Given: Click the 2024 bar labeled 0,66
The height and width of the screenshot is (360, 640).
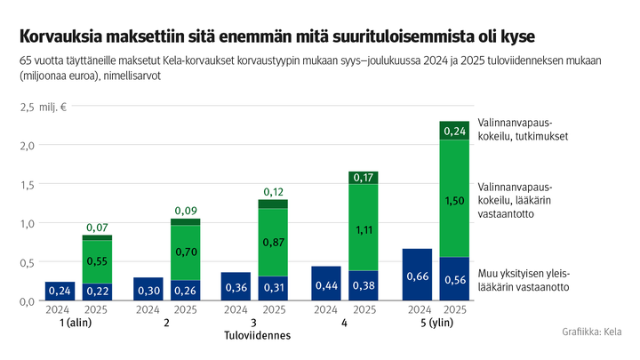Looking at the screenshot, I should [417, 275].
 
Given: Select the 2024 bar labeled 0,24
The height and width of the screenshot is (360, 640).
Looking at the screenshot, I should [60, 291].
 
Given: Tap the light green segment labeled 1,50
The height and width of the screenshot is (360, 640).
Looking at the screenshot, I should [454, 199].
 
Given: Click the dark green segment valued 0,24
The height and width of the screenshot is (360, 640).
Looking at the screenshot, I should [454, 131].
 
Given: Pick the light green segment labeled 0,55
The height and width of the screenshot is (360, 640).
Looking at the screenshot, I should [97, 261].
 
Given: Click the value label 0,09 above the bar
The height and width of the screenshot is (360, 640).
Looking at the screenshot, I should [186, 211].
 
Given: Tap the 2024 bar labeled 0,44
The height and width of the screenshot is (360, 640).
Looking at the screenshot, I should [327, 283].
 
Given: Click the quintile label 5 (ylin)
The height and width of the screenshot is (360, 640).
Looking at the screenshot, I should [436, 323].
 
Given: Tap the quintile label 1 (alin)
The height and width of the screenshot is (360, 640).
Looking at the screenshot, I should [78, 323].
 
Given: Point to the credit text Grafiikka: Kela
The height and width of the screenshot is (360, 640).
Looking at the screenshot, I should [592, 332].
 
